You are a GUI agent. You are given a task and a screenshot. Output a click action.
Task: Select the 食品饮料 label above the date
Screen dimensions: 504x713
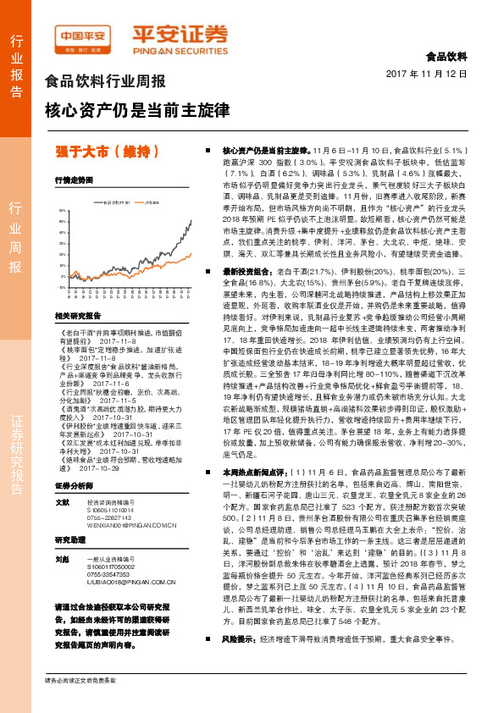point(446,57)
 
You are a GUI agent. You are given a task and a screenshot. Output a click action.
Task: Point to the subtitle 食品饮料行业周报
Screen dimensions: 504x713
point(104,82)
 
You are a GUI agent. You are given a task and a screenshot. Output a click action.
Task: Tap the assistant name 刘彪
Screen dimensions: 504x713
point(62,559)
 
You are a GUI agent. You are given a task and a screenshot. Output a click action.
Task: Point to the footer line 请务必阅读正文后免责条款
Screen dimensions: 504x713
point(81,680)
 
